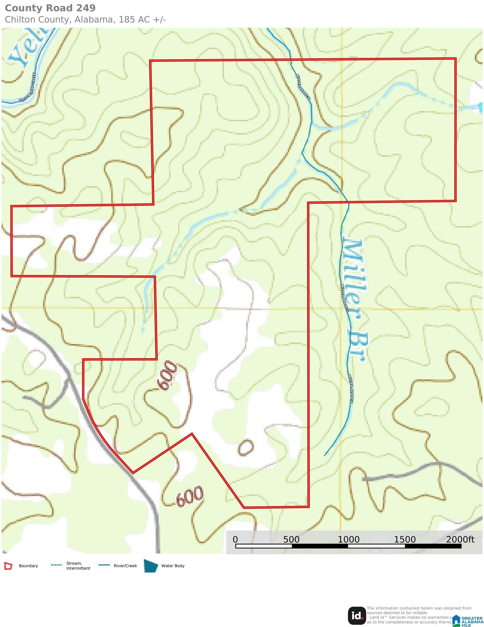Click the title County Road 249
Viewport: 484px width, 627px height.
coord(50,8)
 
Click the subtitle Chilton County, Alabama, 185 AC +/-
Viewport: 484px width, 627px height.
coord(85,20)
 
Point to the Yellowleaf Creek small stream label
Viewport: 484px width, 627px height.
coord(27,87)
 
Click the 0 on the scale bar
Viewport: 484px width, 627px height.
coord(235,539)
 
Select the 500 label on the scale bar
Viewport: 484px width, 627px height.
coord(291,539)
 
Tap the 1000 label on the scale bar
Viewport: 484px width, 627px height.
coord(349,539)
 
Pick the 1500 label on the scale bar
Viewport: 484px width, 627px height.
coord(405,539)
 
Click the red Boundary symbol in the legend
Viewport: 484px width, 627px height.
coord(8,566)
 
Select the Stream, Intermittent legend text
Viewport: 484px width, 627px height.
coord(78,566)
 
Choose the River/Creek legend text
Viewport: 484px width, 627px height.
coord(125,566)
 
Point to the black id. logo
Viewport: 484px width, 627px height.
coord(357,616)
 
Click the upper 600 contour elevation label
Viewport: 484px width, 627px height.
coord(166,376)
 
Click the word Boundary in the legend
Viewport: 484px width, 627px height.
coord(28,566)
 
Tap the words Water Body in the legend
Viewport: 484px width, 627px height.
coord(173,566)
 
